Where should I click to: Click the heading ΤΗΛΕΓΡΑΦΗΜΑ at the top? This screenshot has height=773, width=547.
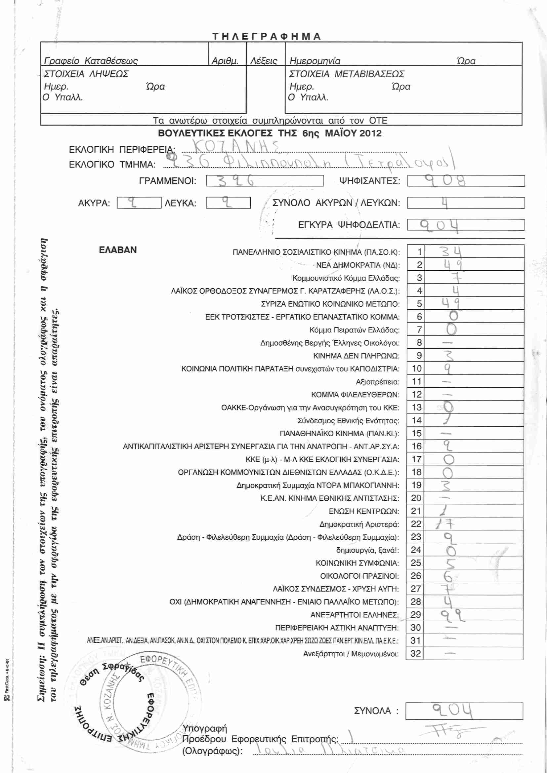pos(267,36)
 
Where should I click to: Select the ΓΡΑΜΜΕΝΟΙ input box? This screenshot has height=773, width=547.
pos(265,181)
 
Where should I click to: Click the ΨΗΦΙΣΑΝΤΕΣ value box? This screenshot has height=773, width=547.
pos(466,181)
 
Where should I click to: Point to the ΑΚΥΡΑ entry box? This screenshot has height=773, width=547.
pos(139,203)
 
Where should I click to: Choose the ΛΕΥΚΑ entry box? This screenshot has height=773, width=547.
pos(228,203)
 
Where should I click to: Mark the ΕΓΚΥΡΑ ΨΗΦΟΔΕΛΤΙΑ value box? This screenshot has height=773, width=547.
pos(466,225)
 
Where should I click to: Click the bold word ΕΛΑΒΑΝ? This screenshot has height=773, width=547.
pos(118,250)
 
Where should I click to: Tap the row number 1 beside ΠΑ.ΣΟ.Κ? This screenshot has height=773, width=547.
pos(419,252)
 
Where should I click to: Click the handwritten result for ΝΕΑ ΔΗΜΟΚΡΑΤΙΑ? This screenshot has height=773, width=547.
pos(452,265)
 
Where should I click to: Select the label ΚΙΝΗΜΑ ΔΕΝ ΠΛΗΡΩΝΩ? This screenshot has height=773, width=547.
pos(357,356)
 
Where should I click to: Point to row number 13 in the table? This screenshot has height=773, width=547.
pos(417,407)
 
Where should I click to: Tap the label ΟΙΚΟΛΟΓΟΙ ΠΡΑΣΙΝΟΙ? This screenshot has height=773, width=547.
pos(359,576)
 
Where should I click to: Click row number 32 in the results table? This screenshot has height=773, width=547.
pos(416,653)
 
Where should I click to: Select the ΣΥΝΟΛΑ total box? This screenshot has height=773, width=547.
pos(464,711)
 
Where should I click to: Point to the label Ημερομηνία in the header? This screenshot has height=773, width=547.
pos(315,61)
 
